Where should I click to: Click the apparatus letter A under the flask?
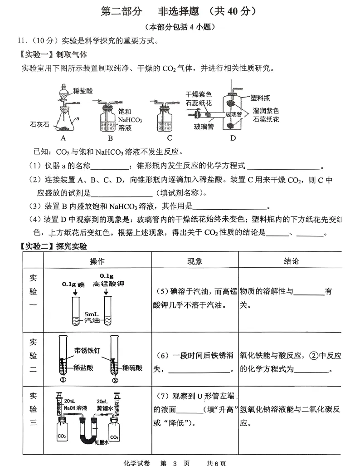pyautogui.click(x=63, y=138)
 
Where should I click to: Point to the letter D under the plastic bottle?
pyautogui.click(x=233, y=138)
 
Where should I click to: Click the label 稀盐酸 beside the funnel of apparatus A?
pyautogui.click(x=83, y=91)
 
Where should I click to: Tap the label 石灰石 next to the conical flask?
pyautogui.click(x=39, y=124)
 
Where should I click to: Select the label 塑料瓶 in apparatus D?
pyautogui.click(x=260, y=97)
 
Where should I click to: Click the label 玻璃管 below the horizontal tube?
pyautogui.click(x=204, y=127)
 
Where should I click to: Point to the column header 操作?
pyautogui.click(x=97, y=261)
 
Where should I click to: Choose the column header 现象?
pyautogui.click(x=195, y=261)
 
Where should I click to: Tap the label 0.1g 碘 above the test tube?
pyautogui.click(x=73, y=285)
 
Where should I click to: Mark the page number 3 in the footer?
pyautogui.click(x=175, y=463)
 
